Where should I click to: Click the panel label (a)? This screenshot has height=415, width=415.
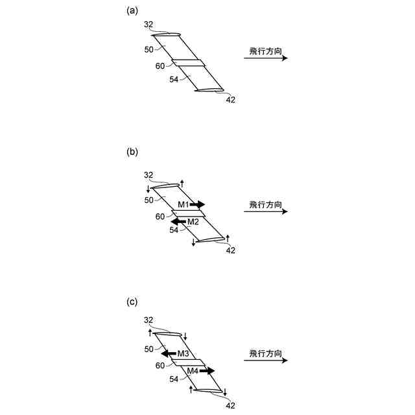[132, 10]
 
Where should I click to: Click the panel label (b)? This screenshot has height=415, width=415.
[132, 152]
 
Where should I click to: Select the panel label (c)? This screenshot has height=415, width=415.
[132, 302]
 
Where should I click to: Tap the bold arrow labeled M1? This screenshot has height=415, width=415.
[197, 204]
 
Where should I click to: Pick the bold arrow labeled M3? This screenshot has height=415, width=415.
[169, 353]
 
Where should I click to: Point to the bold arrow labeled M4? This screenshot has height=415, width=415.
[207, 371]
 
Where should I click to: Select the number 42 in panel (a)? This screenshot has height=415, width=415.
[230, 100]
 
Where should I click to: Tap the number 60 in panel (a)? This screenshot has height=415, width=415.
[160, 65]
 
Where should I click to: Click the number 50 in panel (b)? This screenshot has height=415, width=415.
[149, 200]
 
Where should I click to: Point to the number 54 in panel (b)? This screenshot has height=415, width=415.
[174, 230]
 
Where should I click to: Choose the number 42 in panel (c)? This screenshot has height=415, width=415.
[230, 405]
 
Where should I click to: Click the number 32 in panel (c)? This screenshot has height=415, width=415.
[148, 320]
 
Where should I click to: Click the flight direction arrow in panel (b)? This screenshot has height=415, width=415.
[265, 212]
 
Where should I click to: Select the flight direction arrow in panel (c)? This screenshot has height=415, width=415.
[265, 361]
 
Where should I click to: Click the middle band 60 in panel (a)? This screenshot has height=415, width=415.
[188, 63]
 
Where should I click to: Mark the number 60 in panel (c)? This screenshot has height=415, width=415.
[160, 366]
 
